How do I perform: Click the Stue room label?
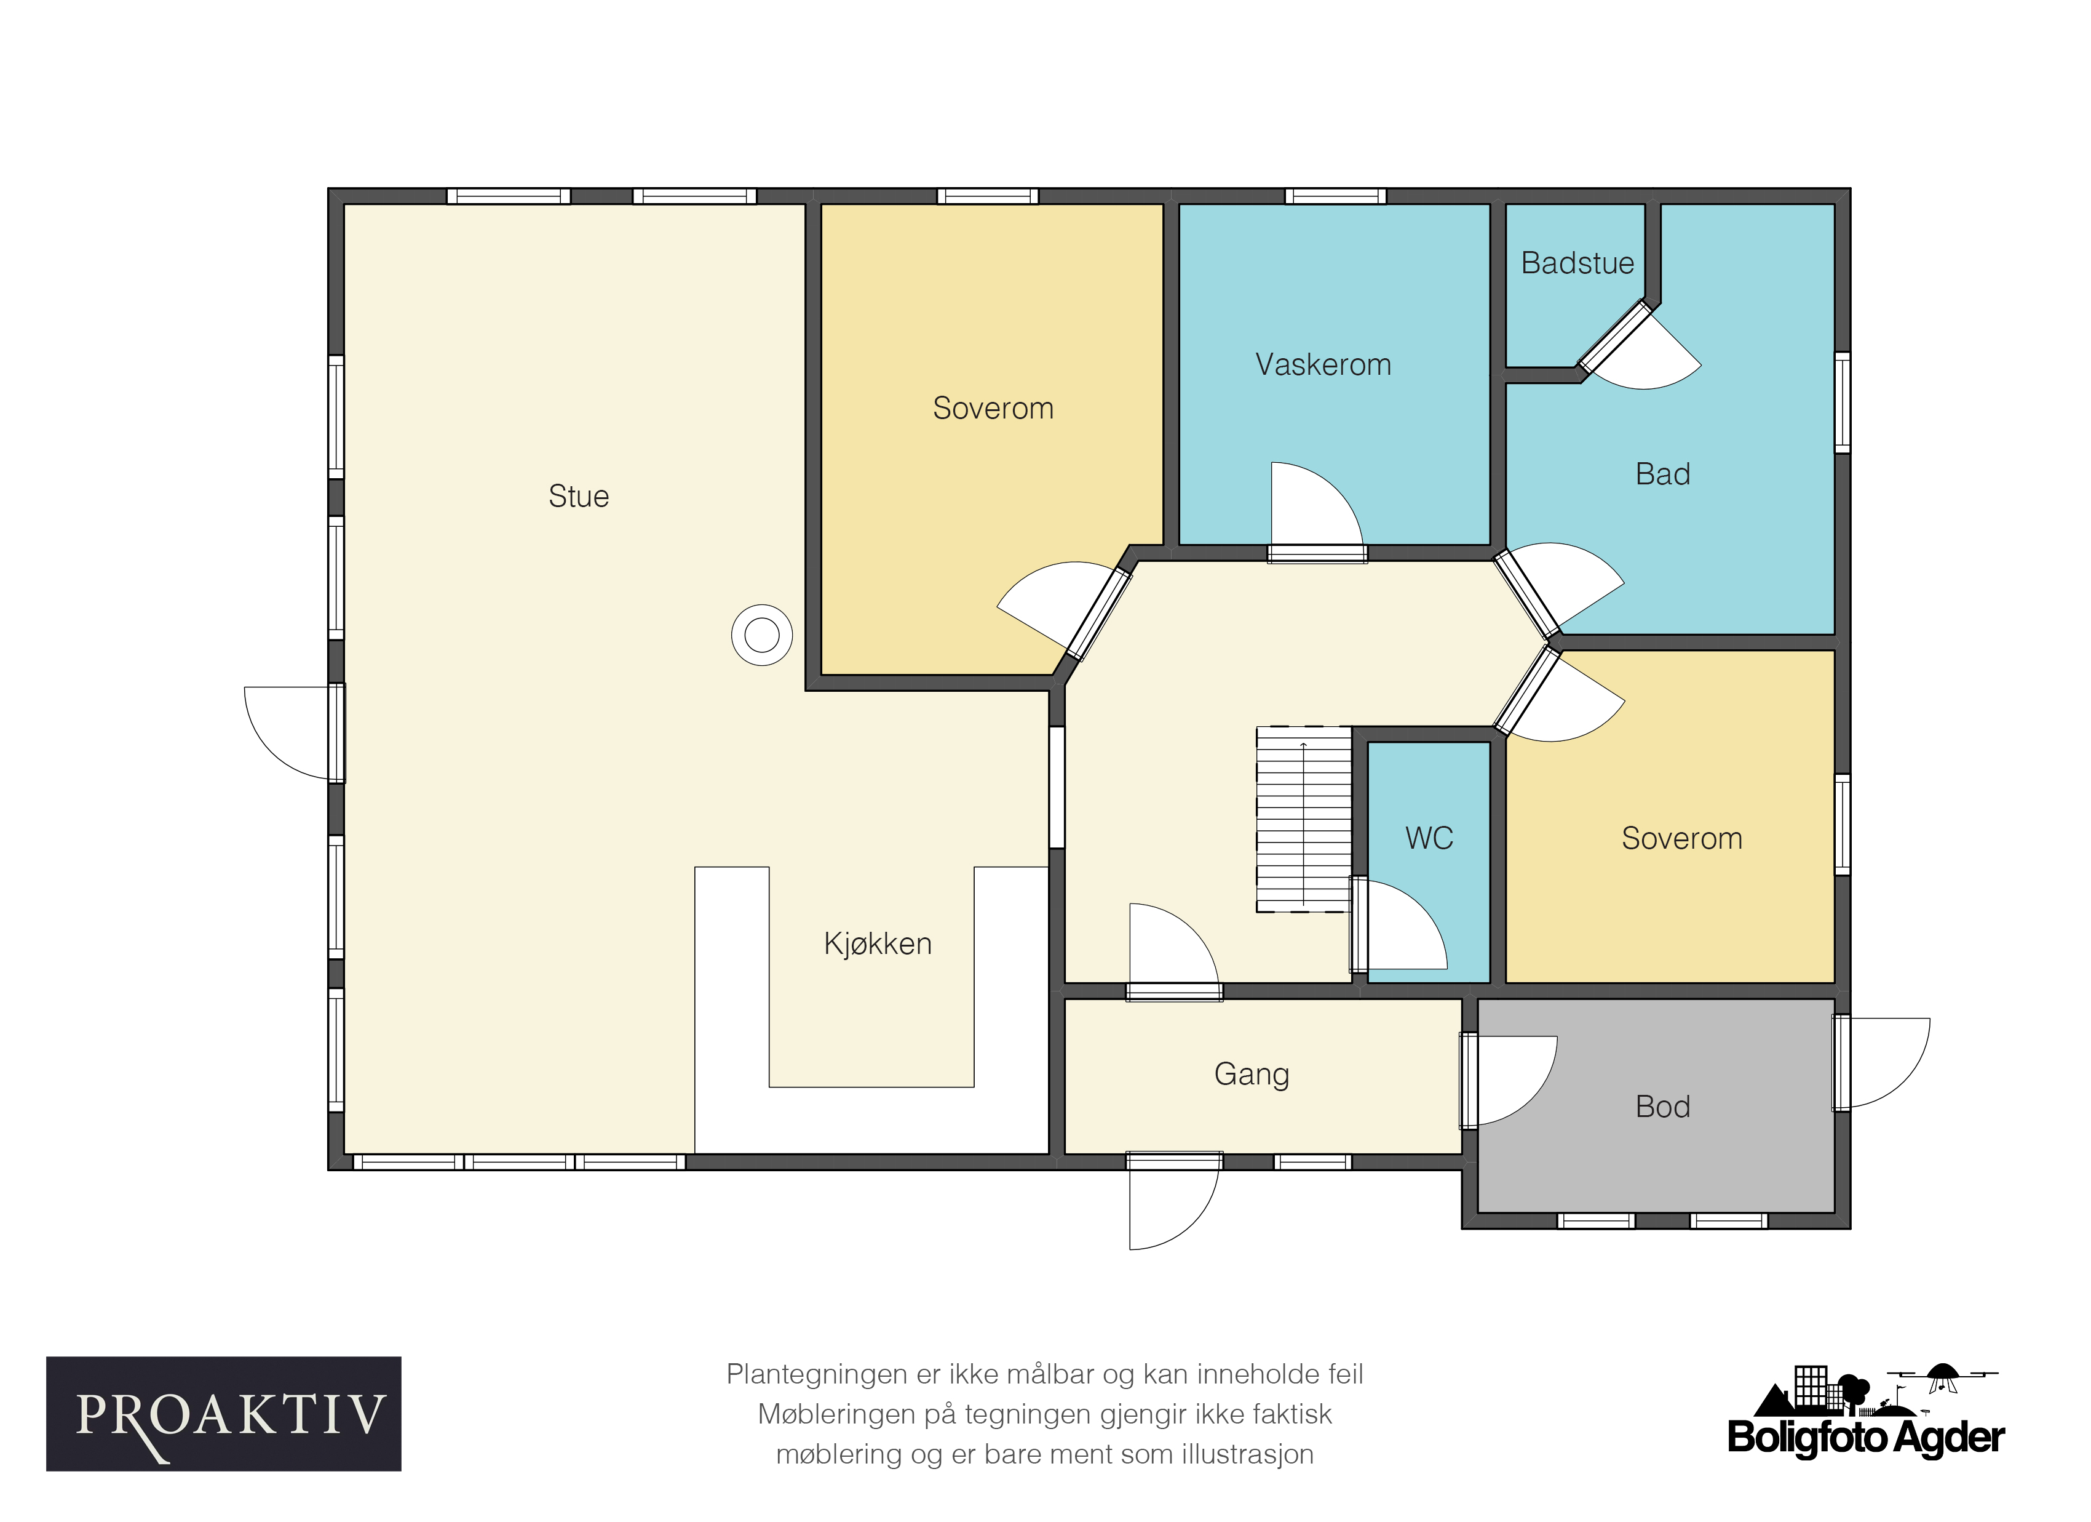[578, 496]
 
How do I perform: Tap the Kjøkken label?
[878, 943]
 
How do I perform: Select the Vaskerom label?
[1323, 364]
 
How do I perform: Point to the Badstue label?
[1577, 263]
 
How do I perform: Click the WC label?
[1429, 838]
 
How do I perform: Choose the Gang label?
[1251, 1075]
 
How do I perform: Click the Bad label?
[1662, 474]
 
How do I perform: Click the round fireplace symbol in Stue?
[761, 635]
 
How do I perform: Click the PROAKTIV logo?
[224, 1414]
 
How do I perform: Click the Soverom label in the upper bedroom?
[993, 407]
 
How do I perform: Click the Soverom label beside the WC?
[1681, 838]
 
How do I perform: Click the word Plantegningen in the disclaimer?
[817, 1374]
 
